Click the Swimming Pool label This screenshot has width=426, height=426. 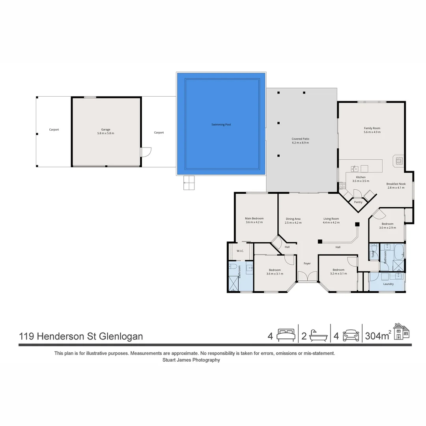coord(221,125)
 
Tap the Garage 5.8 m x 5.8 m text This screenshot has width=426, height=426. coord(105,131)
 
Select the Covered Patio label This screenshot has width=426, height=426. coord(300,140)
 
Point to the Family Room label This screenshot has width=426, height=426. coord(372,130)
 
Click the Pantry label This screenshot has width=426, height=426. coord(358,202)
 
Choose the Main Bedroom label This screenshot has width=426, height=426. coord(254,220)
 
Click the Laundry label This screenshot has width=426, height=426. coord(388,284)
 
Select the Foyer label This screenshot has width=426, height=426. coord(307,263)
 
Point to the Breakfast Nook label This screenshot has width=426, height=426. coord(396,185)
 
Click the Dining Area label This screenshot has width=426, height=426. coord(293,220)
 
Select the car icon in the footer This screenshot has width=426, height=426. coord(351,336)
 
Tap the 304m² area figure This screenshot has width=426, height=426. coord(378,336)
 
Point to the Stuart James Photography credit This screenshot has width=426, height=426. coord(191,360)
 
